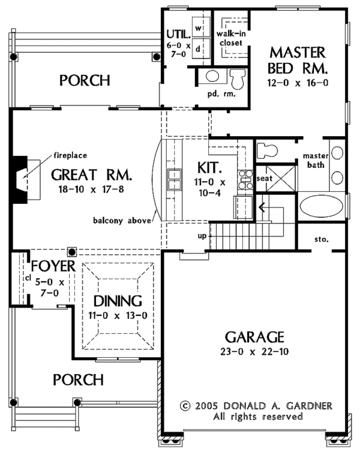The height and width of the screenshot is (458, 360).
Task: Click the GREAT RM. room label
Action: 91,175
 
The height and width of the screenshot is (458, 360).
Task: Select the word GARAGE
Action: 254,336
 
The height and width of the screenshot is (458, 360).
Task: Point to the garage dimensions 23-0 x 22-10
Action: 255,351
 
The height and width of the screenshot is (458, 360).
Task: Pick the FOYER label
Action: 53,266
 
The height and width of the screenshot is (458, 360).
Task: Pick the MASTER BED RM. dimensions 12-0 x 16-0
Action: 298,82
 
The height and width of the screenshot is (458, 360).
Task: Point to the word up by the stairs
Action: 202,236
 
